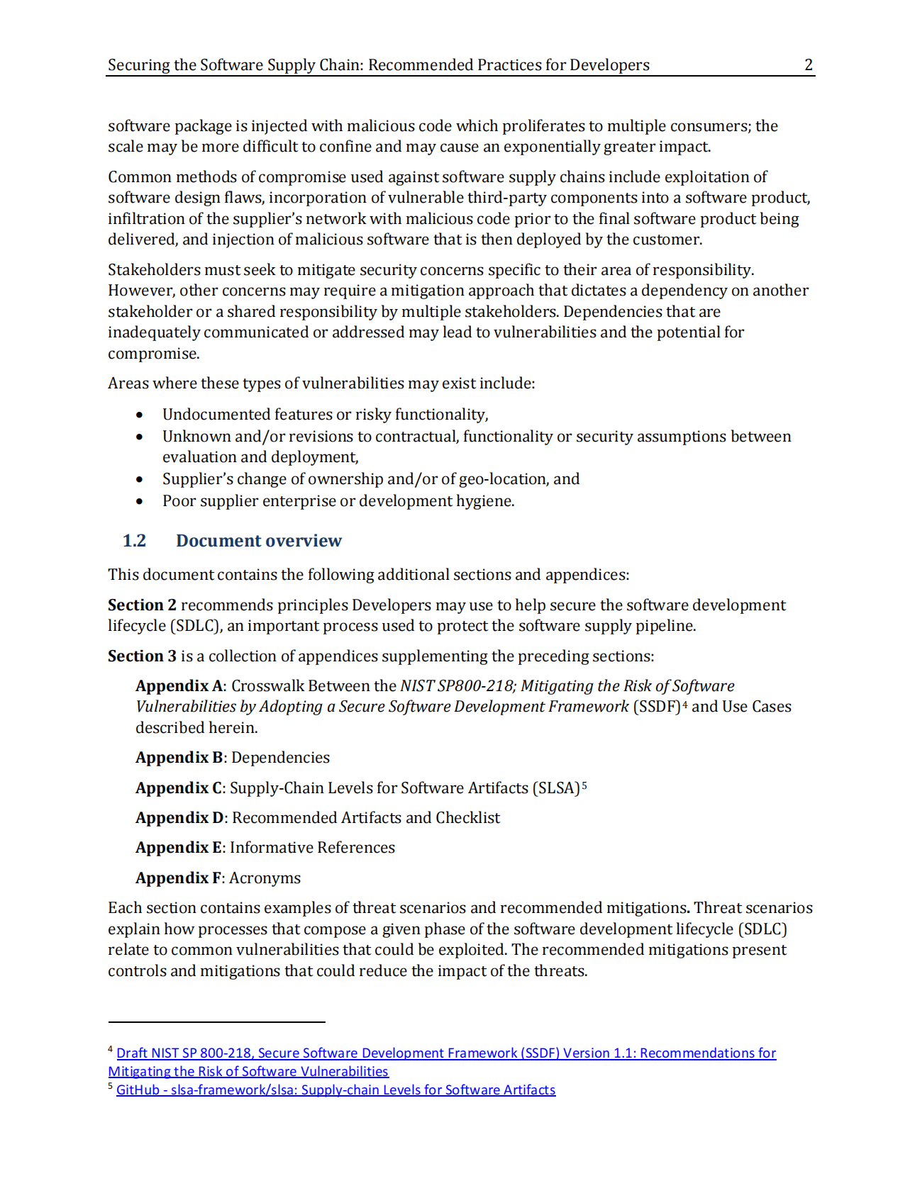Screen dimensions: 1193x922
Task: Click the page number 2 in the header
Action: [808, 65]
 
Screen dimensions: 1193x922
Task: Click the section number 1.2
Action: [134, 541]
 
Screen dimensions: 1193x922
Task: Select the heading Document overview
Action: [259, 541]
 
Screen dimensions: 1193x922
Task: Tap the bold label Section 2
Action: [142, 605]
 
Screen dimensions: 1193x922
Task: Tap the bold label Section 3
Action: [142, 656]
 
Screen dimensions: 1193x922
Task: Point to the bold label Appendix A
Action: [179, 685]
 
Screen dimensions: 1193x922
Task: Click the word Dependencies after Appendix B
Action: [280, 757]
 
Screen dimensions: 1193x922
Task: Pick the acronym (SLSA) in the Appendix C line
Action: [556, 788]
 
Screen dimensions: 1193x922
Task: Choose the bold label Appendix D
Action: [181, 817]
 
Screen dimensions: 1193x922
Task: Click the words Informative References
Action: [312, 847]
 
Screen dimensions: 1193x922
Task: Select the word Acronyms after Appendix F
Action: [265, 878]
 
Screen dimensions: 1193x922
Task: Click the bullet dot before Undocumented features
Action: [140, 415]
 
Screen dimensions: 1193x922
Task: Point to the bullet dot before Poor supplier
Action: [140, 501]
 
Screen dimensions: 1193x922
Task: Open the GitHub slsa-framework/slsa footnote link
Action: [335, 1090]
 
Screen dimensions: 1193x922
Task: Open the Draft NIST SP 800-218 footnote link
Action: [445, 1053]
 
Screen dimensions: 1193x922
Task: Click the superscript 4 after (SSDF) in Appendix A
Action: [685, 704]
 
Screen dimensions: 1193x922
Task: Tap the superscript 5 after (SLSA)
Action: [584, 785]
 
